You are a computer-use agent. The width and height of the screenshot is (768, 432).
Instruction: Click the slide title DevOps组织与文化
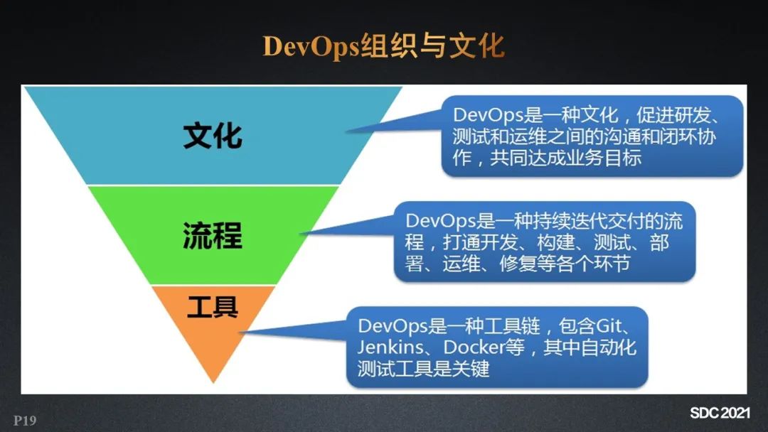click(x=383, y=47)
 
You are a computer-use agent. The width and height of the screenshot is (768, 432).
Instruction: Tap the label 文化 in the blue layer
click(x=213, y=136)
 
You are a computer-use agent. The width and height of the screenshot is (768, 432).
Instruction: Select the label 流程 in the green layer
click(x=213, y=235)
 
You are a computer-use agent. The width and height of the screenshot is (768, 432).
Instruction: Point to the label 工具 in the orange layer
click(x=213, y=307)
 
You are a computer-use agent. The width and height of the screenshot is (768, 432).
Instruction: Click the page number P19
click(x=25, y=420)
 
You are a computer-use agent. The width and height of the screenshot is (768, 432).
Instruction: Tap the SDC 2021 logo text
click(x=720, y=413)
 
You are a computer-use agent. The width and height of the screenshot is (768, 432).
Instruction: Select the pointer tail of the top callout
click(x=347, y=131)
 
